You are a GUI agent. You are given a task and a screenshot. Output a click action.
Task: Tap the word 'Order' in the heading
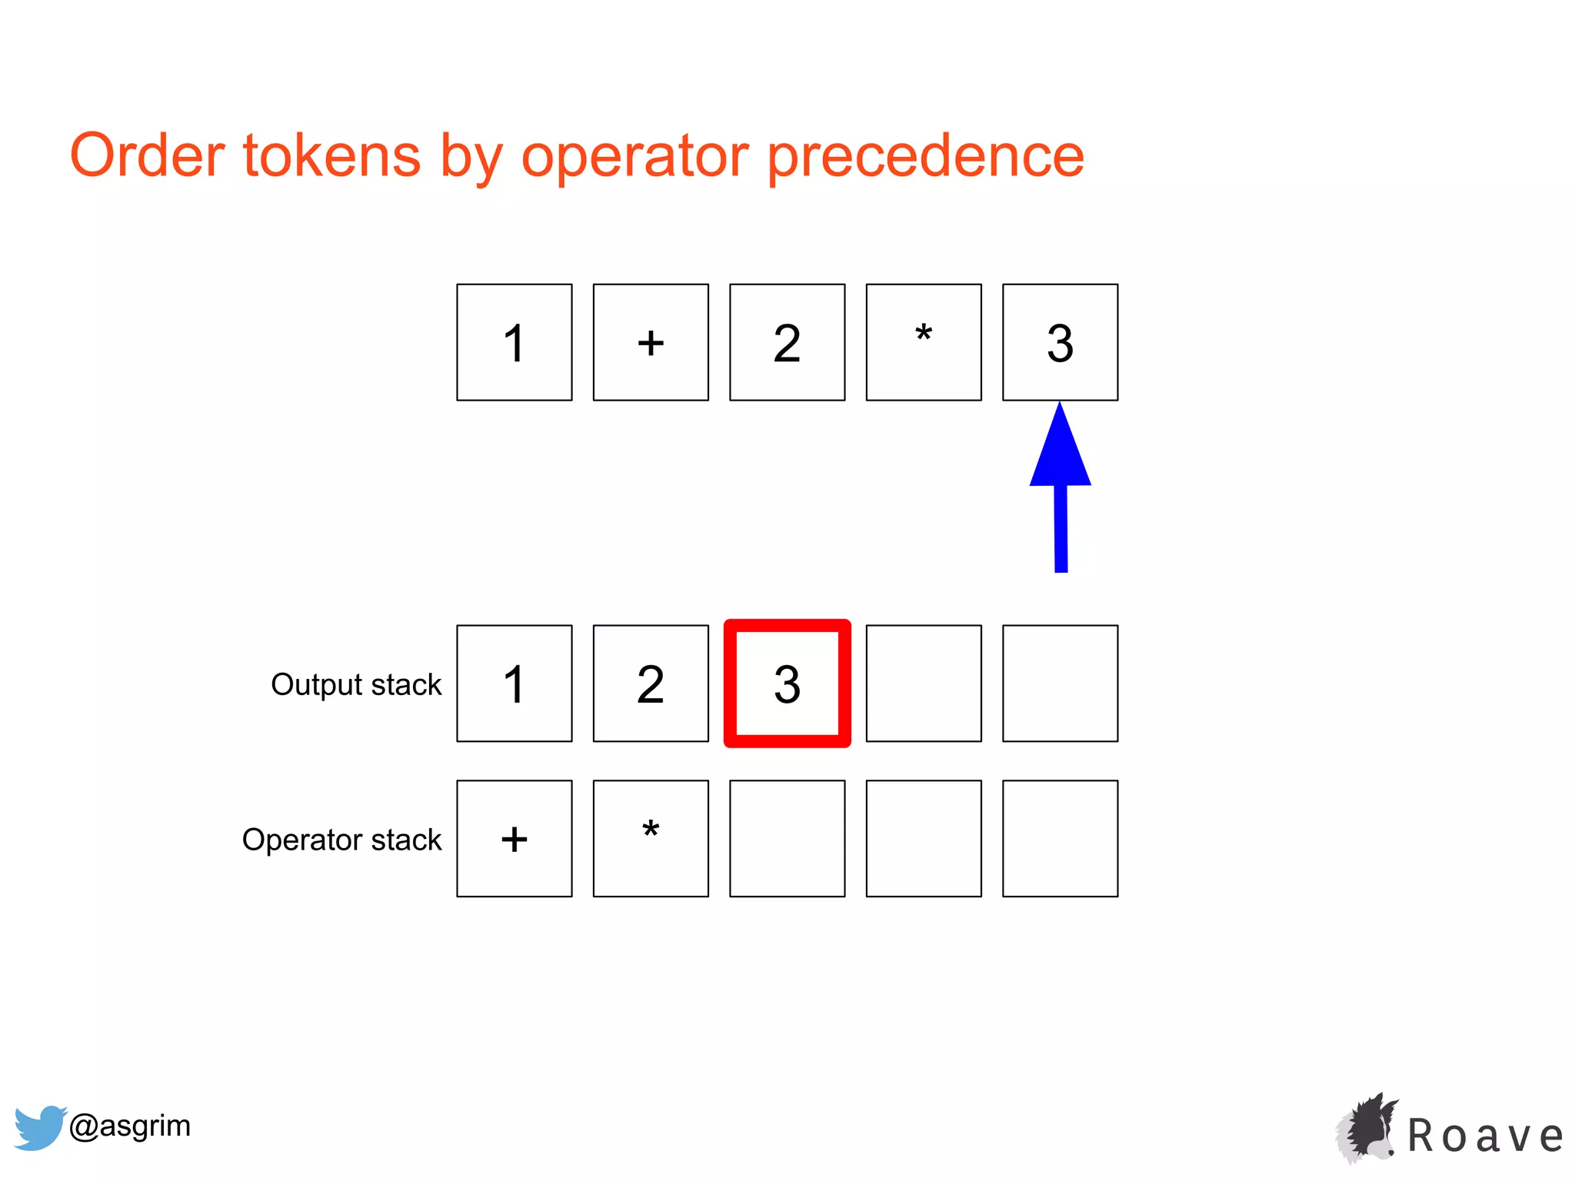click(147, 155)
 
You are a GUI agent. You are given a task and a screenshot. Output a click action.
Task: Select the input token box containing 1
click(514, 342)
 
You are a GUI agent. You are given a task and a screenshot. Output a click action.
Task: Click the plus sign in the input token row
click(651, 342)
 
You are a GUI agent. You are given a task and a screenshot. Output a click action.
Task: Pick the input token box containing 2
click(787, 342)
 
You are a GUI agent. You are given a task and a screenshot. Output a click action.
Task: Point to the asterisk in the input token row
click(924, 335)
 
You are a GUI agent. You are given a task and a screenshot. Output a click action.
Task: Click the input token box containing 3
click(1060, 342)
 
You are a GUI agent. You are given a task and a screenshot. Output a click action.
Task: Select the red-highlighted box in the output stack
click(787, 684)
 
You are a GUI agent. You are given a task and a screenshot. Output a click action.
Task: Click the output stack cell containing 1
click(514, 684)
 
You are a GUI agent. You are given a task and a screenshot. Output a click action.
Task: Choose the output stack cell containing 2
click(651, 684)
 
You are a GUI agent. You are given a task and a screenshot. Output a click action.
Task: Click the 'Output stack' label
click(356, 684)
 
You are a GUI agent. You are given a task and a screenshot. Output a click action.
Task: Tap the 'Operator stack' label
click(341, 840)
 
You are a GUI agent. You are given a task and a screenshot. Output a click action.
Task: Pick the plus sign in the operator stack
click(514, 839)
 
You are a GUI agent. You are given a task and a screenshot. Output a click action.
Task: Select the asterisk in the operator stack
click(651, 831)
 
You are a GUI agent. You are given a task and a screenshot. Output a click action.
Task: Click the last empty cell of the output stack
click(1060, 684)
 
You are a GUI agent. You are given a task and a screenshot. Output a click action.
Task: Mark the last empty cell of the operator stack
click(1060, 839)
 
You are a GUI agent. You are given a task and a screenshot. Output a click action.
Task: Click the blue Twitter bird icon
click(40, 1127)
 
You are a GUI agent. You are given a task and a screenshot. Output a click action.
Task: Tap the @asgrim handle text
click(130, 1126)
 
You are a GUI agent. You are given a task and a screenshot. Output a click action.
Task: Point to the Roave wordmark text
click(1485, 1136)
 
